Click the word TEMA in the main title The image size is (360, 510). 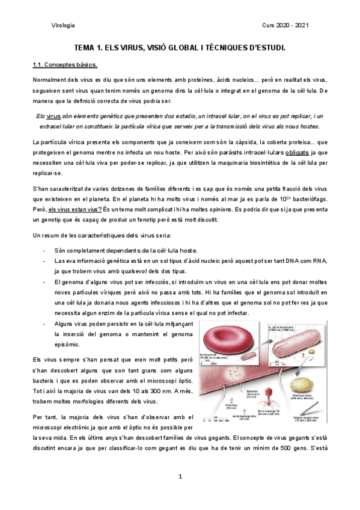click(85, 46)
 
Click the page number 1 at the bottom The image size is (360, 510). click(180, 476)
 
